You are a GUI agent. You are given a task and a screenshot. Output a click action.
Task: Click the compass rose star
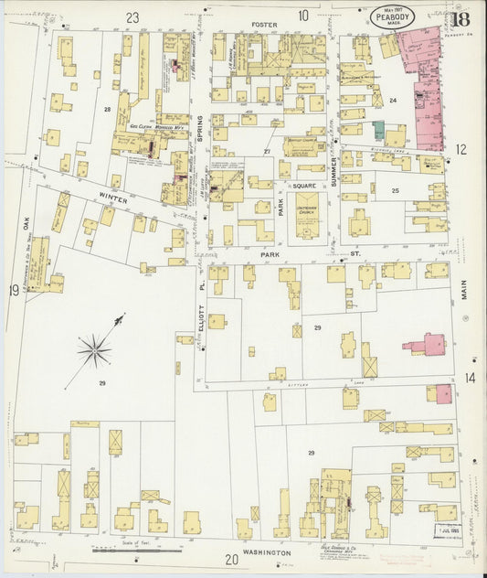[94, 348]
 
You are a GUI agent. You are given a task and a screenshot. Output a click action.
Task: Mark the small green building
[377, 130]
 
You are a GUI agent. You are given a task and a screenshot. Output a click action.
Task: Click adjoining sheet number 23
[133, 16]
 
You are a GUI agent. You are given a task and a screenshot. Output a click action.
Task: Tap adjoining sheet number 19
[14, 291]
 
